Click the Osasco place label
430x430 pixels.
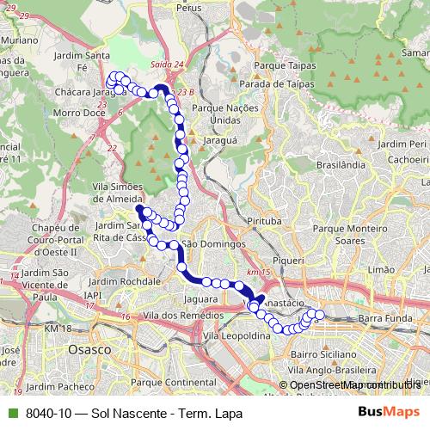click(92, 351)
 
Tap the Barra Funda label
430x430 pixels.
click(380, 318)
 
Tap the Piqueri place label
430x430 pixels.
click(288, 260)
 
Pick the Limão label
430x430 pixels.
click(380, 269)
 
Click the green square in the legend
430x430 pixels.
click(12, 414)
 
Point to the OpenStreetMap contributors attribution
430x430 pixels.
click(354, 385)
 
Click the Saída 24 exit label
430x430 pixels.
click(166, 64)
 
